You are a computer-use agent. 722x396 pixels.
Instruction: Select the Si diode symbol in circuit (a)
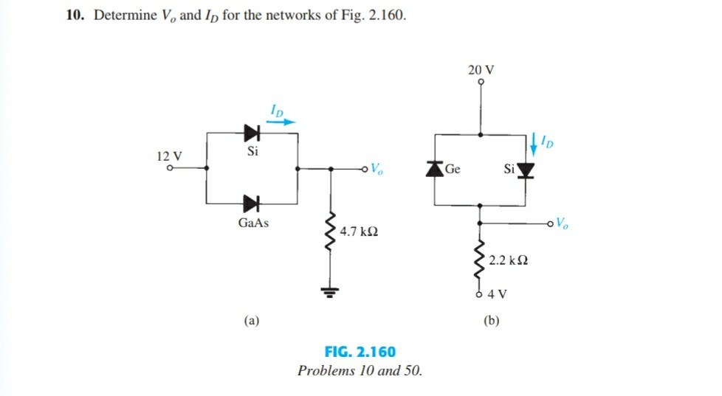[x=253, y=133]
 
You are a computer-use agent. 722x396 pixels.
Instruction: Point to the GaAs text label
[x=253, y=223]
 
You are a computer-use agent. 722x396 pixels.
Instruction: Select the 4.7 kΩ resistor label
[x=360, y=232]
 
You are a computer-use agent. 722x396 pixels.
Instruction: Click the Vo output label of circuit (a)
[x=376, y=167]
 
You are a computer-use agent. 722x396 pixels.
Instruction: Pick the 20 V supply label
[x=481, y=70]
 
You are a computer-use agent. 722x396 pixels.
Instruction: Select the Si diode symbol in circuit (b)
[x=526, y=171]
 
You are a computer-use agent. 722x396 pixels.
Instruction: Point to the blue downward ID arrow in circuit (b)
[x=533, y=140]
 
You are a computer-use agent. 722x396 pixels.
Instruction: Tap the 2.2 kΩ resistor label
[x=508, y=262]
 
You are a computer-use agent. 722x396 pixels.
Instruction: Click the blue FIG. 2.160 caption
[x=360, y=352]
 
